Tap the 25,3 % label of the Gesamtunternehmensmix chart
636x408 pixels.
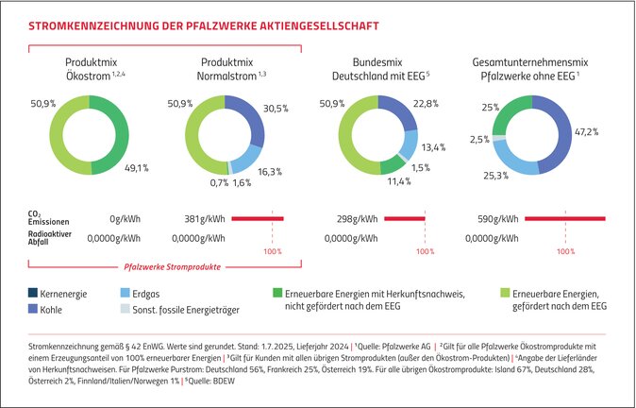coord(495,175)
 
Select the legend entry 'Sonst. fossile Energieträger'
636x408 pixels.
coord(179,308)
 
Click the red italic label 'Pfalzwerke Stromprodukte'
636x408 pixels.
coord(167,267)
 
